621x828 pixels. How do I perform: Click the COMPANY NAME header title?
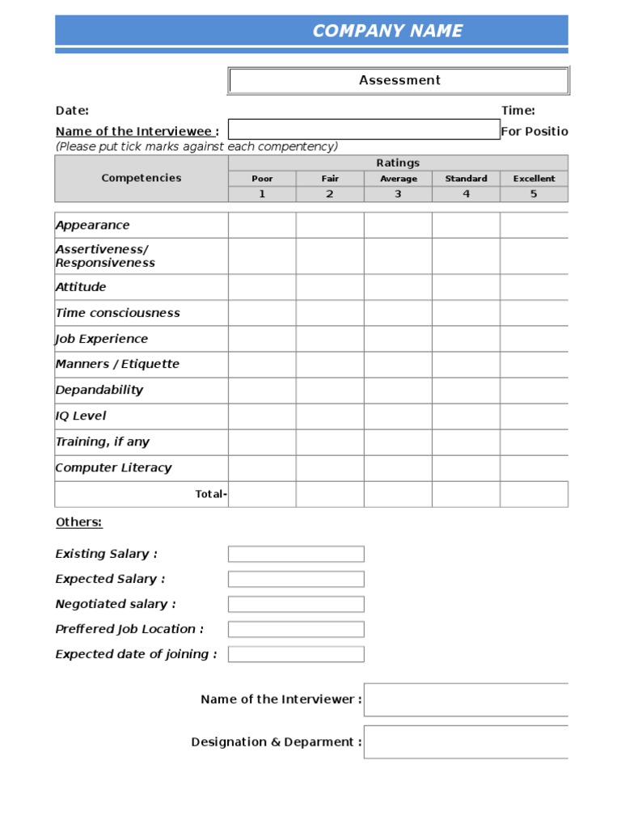387,31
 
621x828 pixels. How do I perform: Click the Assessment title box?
399,80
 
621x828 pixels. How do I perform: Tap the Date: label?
72,111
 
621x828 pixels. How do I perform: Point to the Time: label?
518,111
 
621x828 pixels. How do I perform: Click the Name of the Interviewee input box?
364,130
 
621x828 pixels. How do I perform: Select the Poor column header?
262,179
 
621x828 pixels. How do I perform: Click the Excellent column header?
534,179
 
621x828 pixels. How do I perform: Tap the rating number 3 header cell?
398,194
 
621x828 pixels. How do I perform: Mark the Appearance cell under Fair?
330,225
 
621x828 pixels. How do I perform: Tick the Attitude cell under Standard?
466,287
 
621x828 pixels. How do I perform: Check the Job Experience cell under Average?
398,339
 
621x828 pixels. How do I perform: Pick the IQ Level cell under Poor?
262,416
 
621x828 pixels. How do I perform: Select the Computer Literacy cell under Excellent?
534,467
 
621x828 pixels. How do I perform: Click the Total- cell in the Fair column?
330,493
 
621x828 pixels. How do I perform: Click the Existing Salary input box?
296,554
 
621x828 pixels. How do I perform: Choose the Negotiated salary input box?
296,604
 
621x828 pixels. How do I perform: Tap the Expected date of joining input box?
296,654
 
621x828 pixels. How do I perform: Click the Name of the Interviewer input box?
466,699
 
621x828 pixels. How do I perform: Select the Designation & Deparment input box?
466,741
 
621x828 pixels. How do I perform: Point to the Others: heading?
79,522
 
